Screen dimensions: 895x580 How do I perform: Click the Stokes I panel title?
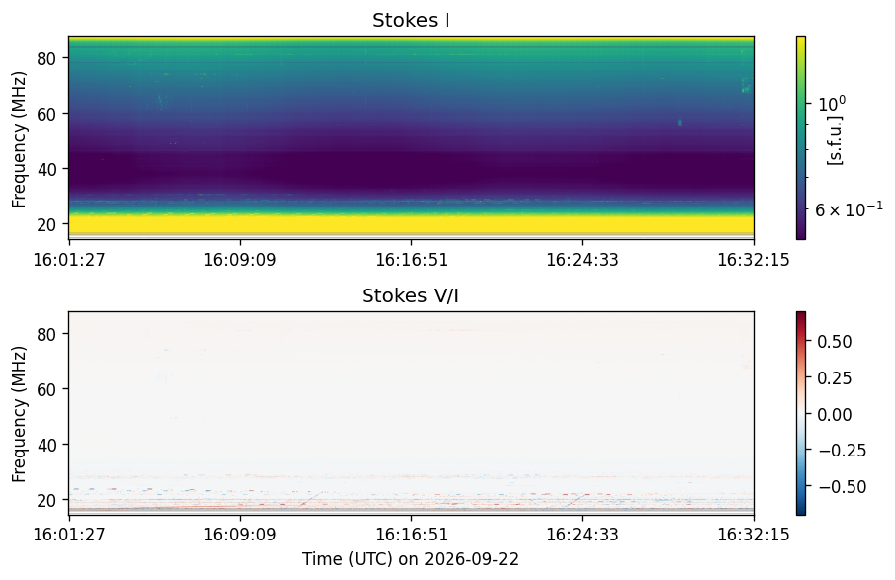coord(411,21)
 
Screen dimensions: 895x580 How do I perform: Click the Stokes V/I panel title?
coord(410,295)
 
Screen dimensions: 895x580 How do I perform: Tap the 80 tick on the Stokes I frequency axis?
coord(46,59)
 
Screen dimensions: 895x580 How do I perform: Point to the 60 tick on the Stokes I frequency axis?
coord(46,115)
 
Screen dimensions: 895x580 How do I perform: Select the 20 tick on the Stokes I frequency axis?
coord(46,225)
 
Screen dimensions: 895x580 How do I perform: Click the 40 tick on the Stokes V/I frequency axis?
coord(46,445)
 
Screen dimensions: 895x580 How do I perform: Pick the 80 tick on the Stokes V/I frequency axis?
coord(46,334)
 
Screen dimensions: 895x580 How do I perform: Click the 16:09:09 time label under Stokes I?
coord(240,260)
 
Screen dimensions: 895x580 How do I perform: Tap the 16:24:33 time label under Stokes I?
coord(582,260)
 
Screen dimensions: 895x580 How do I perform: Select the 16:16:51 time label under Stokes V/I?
coord(411,535)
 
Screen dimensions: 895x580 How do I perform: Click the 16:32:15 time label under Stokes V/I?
coord(754,535)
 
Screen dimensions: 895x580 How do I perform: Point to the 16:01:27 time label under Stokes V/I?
coord(69,535)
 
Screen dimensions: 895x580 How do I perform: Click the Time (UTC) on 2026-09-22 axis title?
coord(410,559)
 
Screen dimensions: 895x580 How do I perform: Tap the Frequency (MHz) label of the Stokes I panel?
coord(19,139)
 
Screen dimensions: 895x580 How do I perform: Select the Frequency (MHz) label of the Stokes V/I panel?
coord(19,414)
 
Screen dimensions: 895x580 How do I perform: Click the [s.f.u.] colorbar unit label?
coord(835,139)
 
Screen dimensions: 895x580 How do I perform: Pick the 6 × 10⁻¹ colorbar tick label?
coord(849,209)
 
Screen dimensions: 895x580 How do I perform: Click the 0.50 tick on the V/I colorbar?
coord(835,342)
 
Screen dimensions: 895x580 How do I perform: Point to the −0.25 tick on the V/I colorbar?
coord(843,451)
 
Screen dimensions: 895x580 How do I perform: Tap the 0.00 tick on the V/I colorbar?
coord(835,414)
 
